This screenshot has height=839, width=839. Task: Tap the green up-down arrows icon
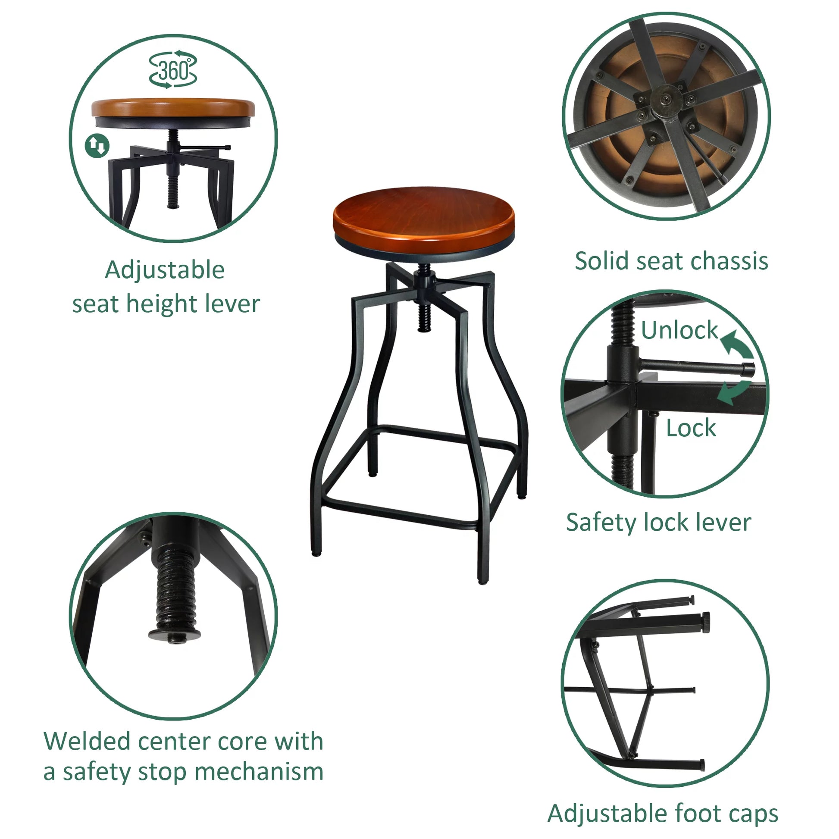(97, 145)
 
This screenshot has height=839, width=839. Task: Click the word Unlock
(679, 331)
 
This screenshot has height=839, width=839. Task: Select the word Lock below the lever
(691, 428)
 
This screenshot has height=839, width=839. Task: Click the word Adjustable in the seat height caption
(165, 270)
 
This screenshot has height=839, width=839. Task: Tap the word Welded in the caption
(87, 741)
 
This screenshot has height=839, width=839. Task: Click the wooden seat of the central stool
(423, 213)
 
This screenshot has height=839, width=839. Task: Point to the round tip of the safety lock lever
(748, 369)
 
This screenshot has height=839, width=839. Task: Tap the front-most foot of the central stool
(483, 580)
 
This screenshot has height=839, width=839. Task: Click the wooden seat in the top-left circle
(173, 107)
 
